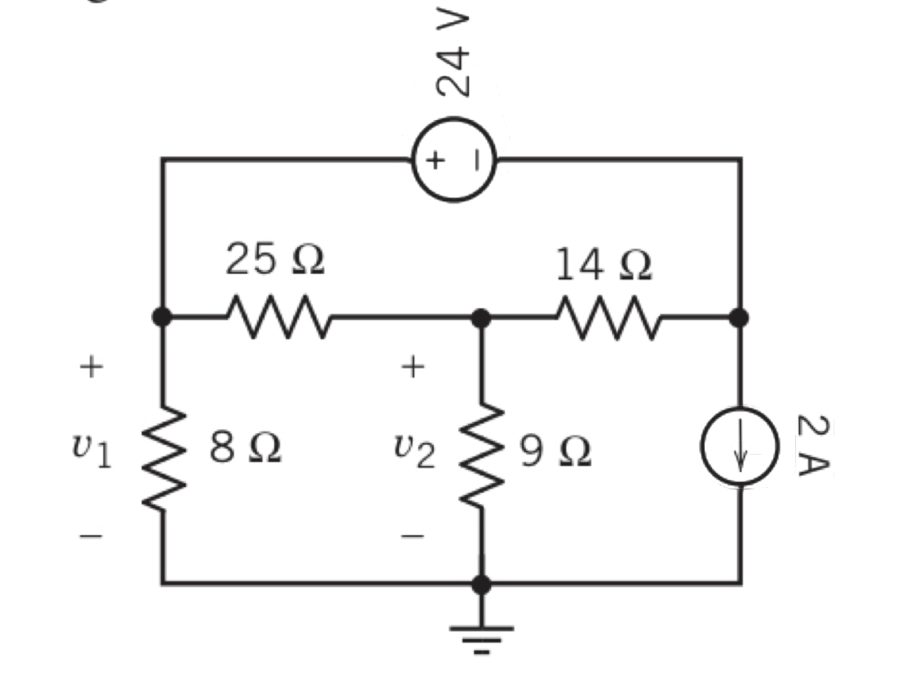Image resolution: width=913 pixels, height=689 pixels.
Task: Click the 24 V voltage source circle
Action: [x=454, y=160]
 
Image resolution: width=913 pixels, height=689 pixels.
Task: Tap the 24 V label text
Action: [x=455, y=54]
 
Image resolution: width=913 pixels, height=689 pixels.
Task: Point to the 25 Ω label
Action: [x=275, y=261]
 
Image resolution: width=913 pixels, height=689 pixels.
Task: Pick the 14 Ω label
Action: [x=603, y=265]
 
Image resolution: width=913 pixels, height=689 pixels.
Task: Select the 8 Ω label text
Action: [x=246, y=450]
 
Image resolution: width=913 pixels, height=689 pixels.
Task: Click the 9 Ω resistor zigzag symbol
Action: [x=481, y=456]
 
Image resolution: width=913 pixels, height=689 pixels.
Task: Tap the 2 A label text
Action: [x=811, y=445]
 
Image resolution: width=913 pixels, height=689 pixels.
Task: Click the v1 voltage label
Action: [x=91, y=451]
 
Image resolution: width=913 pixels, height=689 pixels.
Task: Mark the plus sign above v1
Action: [x=91, y=366]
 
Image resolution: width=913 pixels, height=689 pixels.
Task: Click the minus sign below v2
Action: [x=413, y=536]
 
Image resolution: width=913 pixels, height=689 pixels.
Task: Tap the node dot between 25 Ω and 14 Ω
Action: [x=481, y=318]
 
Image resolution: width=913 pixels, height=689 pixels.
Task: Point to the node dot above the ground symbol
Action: [x=481, y=584]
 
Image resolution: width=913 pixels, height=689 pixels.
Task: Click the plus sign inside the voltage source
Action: [x=435, y=160]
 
